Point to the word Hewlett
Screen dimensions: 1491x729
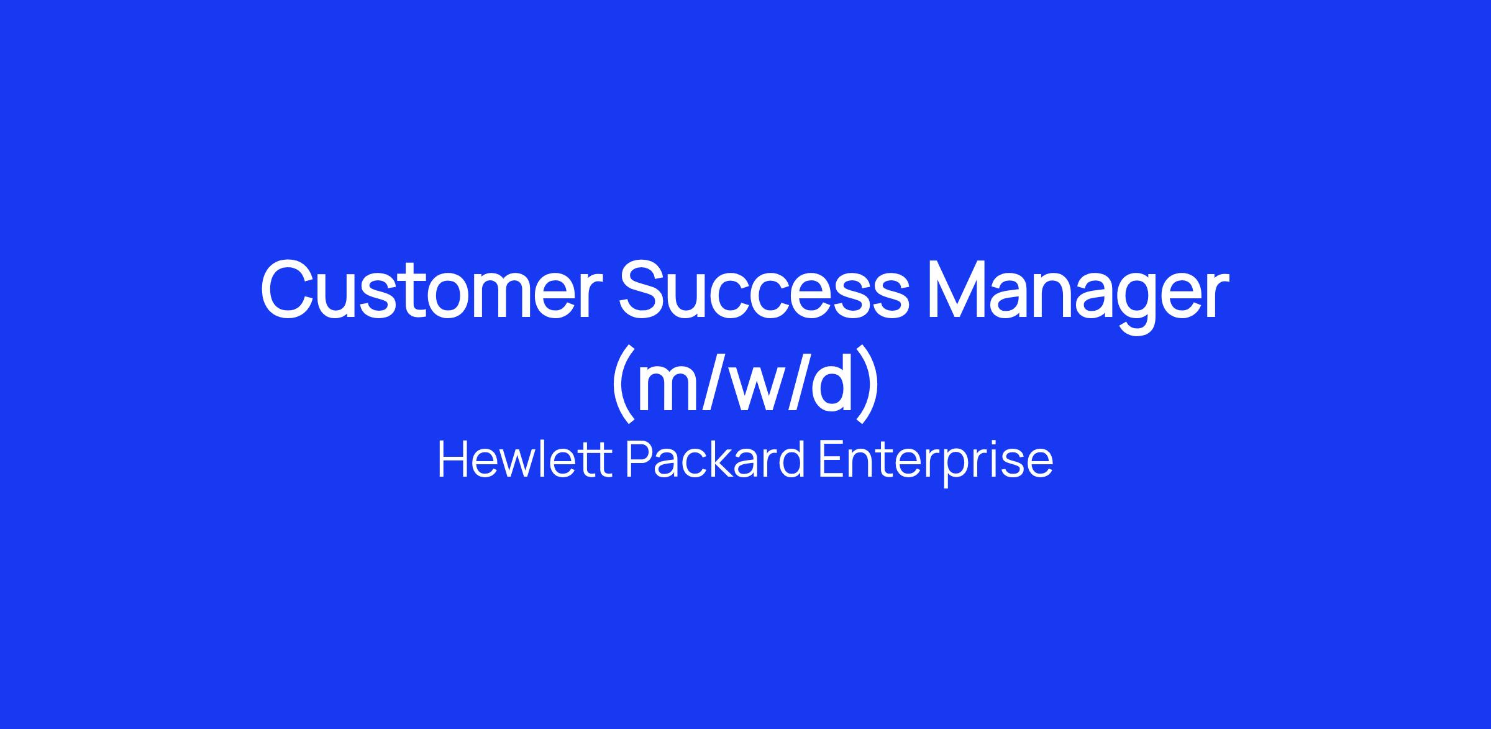click(x=525, y=460)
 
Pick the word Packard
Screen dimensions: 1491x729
click(x=715, y=460)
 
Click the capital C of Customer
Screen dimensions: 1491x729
click(x=290, y=290)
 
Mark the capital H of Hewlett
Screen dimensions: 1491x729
click(x=454, y=461)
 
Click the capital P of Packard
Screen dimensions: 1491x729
click(x=638, y=461)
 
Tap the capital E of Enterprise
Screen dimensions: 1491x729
click(x=831, y=461)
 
